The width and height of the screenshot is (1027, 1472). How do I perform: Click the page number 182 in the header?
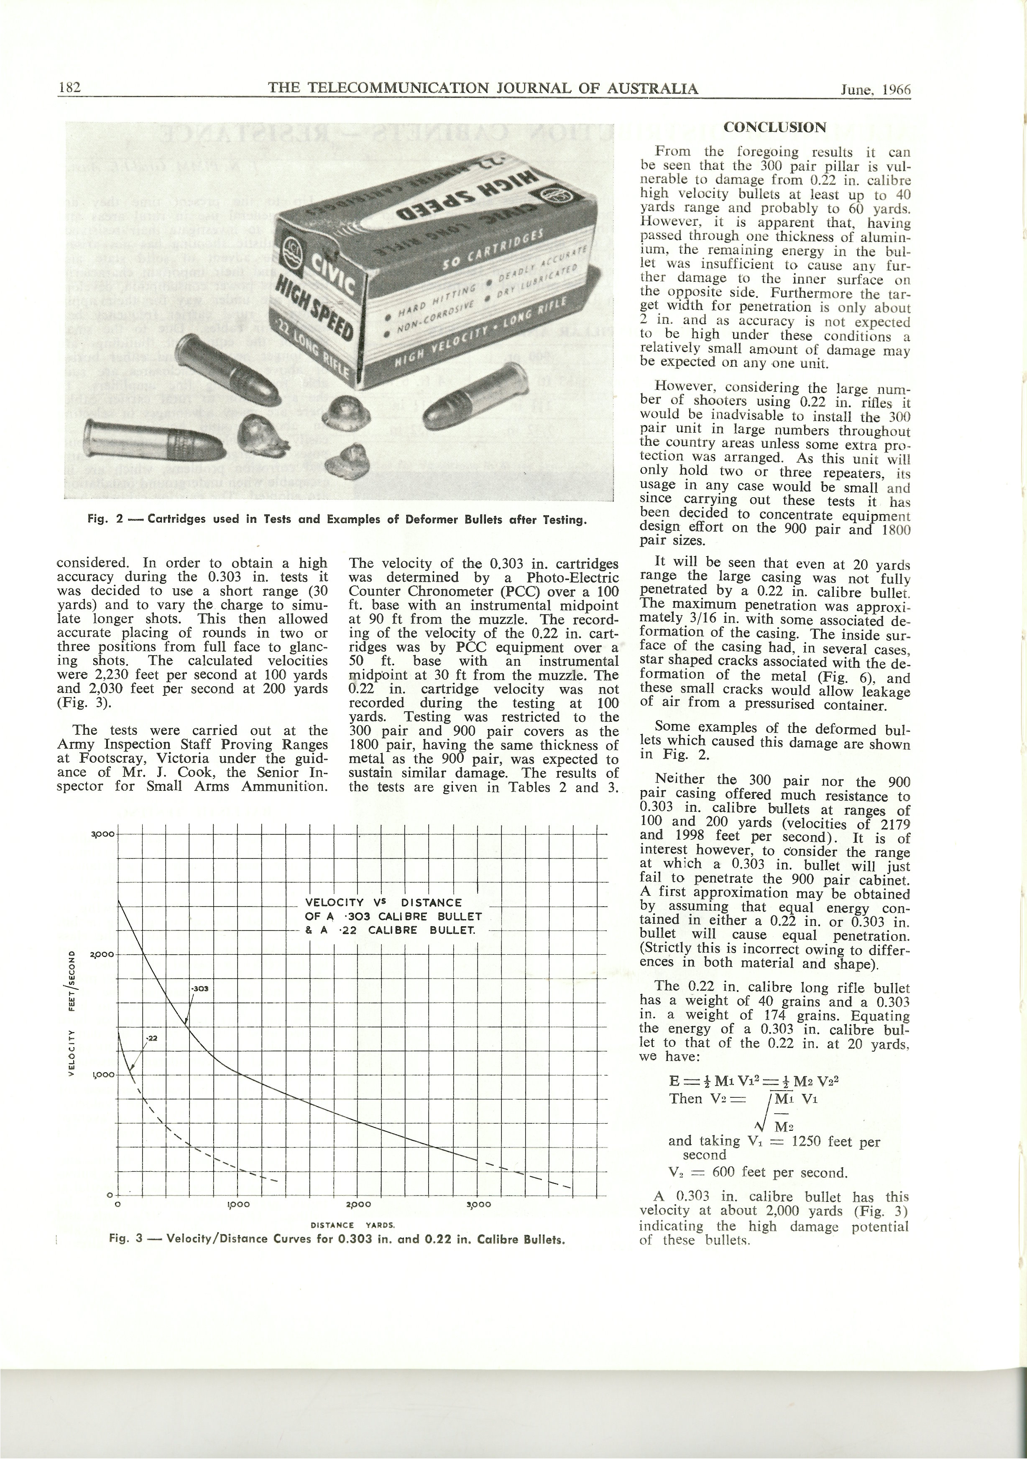(x=68, y=88)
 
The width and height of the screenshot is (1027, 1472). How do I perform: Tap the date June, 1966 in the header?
(x=875, y=89)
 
